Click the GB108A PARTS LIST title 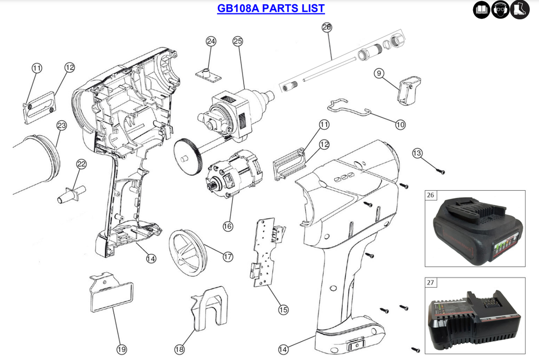tap(271, 9)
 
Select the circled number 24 tap(211, 41)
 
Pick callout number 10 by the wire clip tap(400, 124)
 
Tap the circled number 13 tap(417, 154)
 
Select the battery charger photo tap(475, 322)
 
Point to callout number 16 tap(228, 226)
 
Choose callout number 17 tap(228, 257)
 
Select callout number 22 tap(81, 164)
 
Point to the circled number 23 tap(61, 126)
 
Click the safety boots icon tap(520, 10)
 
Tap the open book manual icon tap(481, 10)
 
